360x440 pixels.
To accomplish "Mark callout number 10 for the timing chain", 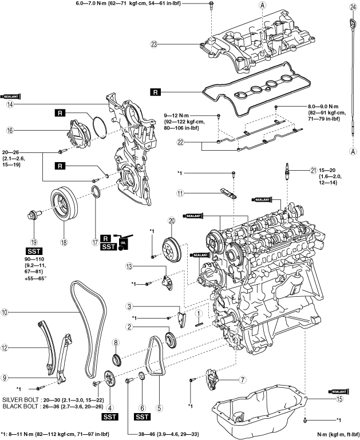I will pos(5,313).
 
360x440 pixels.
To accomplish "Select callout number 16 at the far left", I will pos(9,130).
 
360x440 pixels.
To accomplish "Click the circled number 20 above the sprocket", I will pos(171,221).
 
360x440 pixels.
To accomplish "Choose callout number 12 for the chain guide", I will pos(5,347).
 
